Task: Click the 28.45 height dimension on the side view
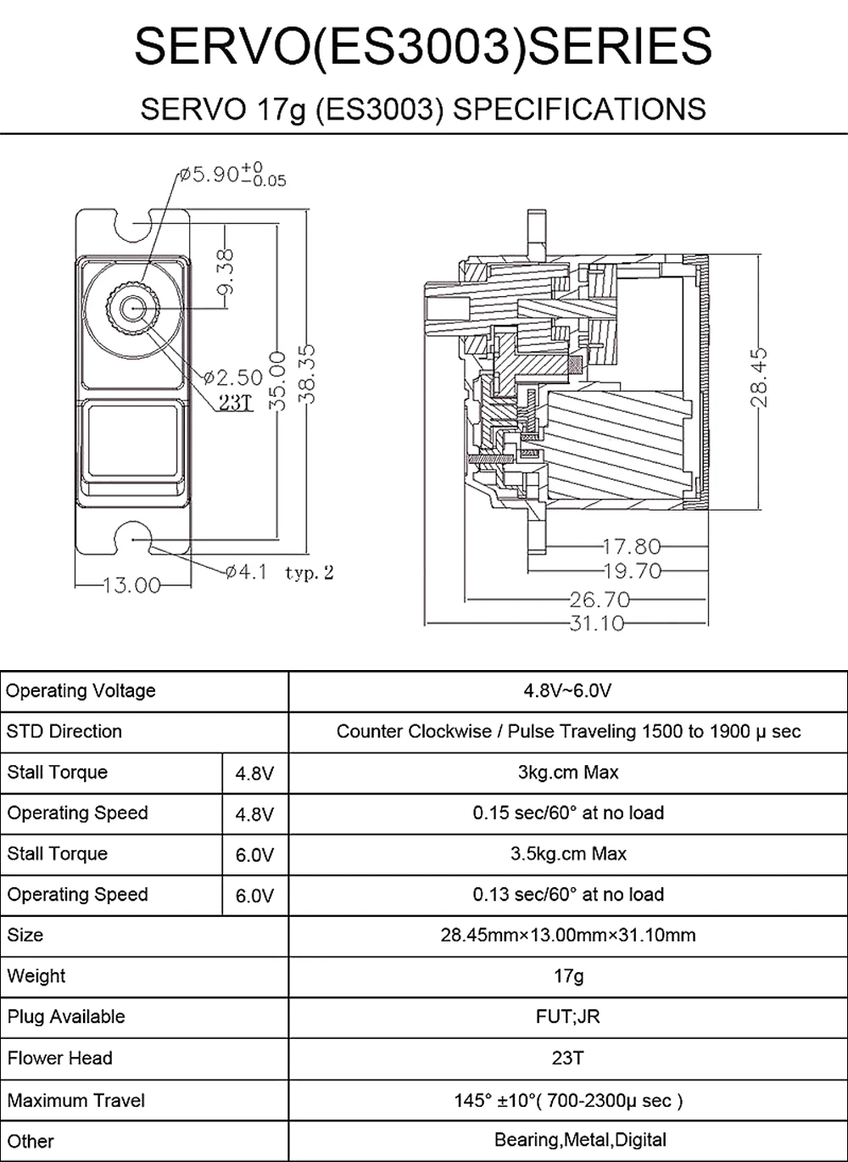(x=759, y=376)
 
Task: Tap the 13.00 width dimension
(x=131, y=585)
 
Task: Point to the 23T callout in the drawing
(x=236, y=402)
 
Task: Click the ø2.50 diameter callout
(x=233, y=377)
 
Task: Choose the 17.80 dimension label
(x=631, y=547)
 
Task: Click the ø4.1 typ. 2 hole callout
(x=280, y=573)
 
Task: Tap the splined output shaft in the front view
(x=131, y=308)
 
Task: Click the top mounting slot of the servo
(x=131, y=222)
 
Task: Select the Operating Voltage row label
(x=81, y=691)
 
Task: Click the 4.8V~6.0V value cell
(x=567, y=691)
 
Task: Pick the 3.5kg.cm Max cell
(x=567, y=853)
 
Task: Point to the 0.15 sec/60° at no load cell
(x=567, y=813)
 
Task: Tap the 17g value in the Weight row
(x=567, y=976)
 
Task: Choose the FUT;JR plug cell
(x=567, y=1016)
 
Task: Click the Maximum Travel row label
(x=76, y=1101)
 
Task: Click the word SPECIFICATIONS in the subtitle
(x=581, y=109)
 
